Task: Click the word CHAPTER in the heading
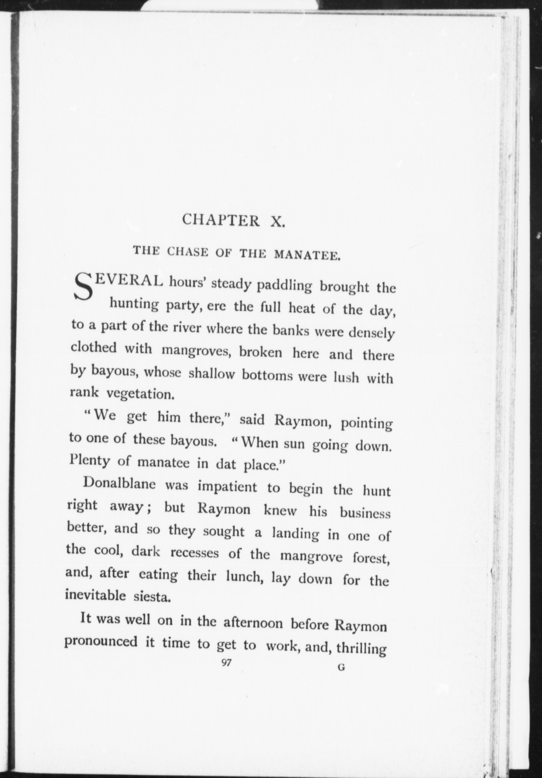point(220,220)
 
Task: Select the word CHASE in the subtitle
point(188,252)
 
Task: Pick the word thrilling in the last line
point(361,648)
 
